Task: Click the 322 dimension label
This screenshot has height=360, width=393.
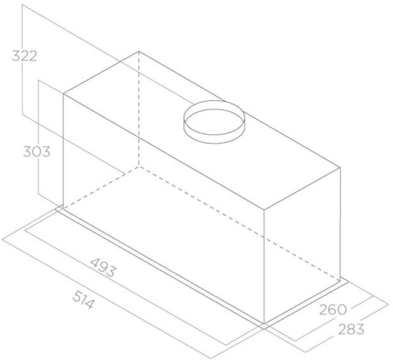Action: (x=25, y=56)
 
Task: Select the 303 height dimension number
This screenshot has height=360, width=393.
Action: (x=37, y=151)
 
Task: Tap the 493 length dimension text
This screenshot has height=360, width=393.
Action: (x=103, y=267)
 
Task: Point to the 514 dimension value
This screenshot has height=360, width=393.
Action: (x=84, y=299)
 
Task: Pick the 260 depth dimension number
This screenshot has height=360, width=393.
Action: (x=333, y=310)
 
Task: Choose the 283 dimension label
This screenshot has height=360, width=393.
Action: (x=351, y=329)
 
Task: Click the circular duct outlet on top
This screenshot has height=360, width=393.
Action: (x=214, y=122)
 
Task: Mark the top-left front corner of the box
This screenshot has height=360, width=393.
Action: (x=63, y=94)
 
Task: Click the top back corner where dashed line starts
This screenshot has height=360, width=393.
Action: (x=139, y=52)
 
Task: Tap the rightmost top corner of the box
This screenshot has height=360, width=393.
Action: (x=341, y=168)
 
